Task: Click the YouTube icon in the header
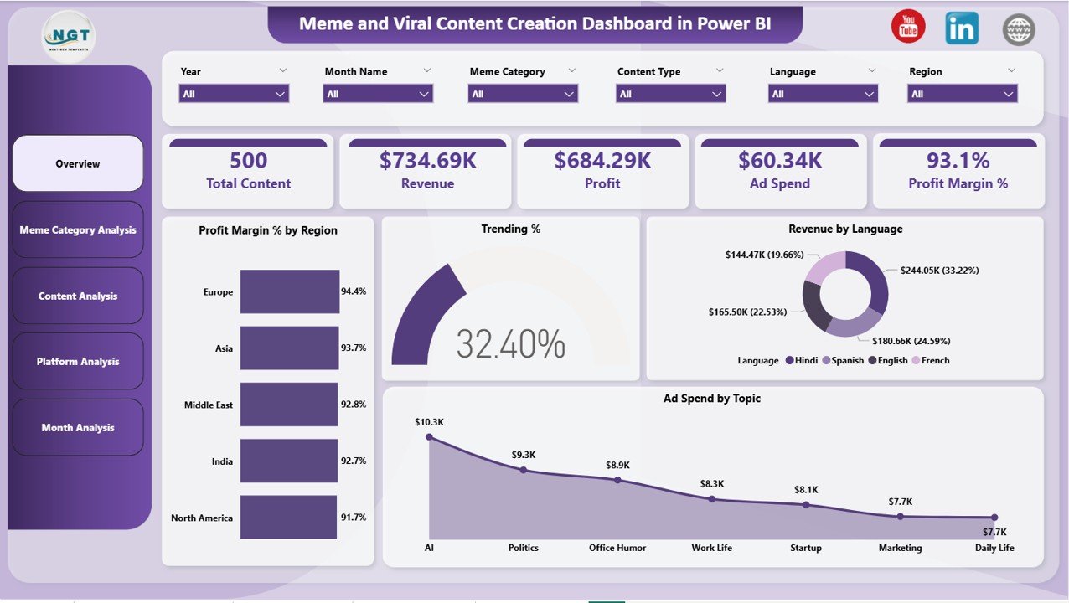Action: click(908, 28)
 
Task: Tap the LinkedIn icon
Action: click(962, 28)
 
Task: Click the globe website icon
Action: click(1019, 29)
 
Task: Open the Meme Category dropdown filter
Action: click(523, 94)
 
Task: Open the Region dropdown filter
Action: click(962, 94)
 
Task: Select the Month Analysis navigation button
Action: click(78, 428)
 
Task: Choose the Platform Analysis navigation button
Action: click(78, 362)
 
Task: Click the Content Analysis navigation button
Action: click(78, 296)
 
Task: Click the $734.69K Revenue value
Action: click(427, 161)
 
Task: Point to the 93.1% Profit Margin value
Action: click(958, 161)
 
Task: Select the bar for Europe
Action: click(290, 291)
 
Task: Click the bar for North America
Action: click(290, 518)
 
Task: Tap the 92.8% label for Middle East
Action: click(353, 405)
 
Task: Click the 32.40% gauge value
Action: click(511, 343)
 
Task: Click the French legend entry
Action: click(931, 361)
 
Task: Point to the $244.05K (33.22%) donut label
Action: click(939, 271)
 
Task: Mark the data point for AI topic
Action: click(429, 436)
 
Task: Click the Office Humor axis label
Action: click(617, 548)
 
